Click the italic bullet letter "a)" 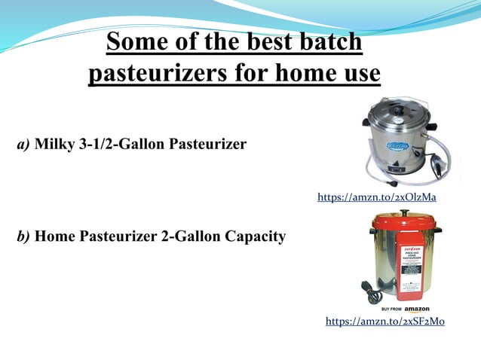tap(24, 144)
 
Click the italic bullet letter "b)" tap(24, 237)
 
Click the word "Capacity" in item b tap(254, 237)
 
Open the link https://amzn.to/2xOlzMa tap(377, 197)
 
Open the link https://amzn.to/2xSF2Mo tap(384, 322)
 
